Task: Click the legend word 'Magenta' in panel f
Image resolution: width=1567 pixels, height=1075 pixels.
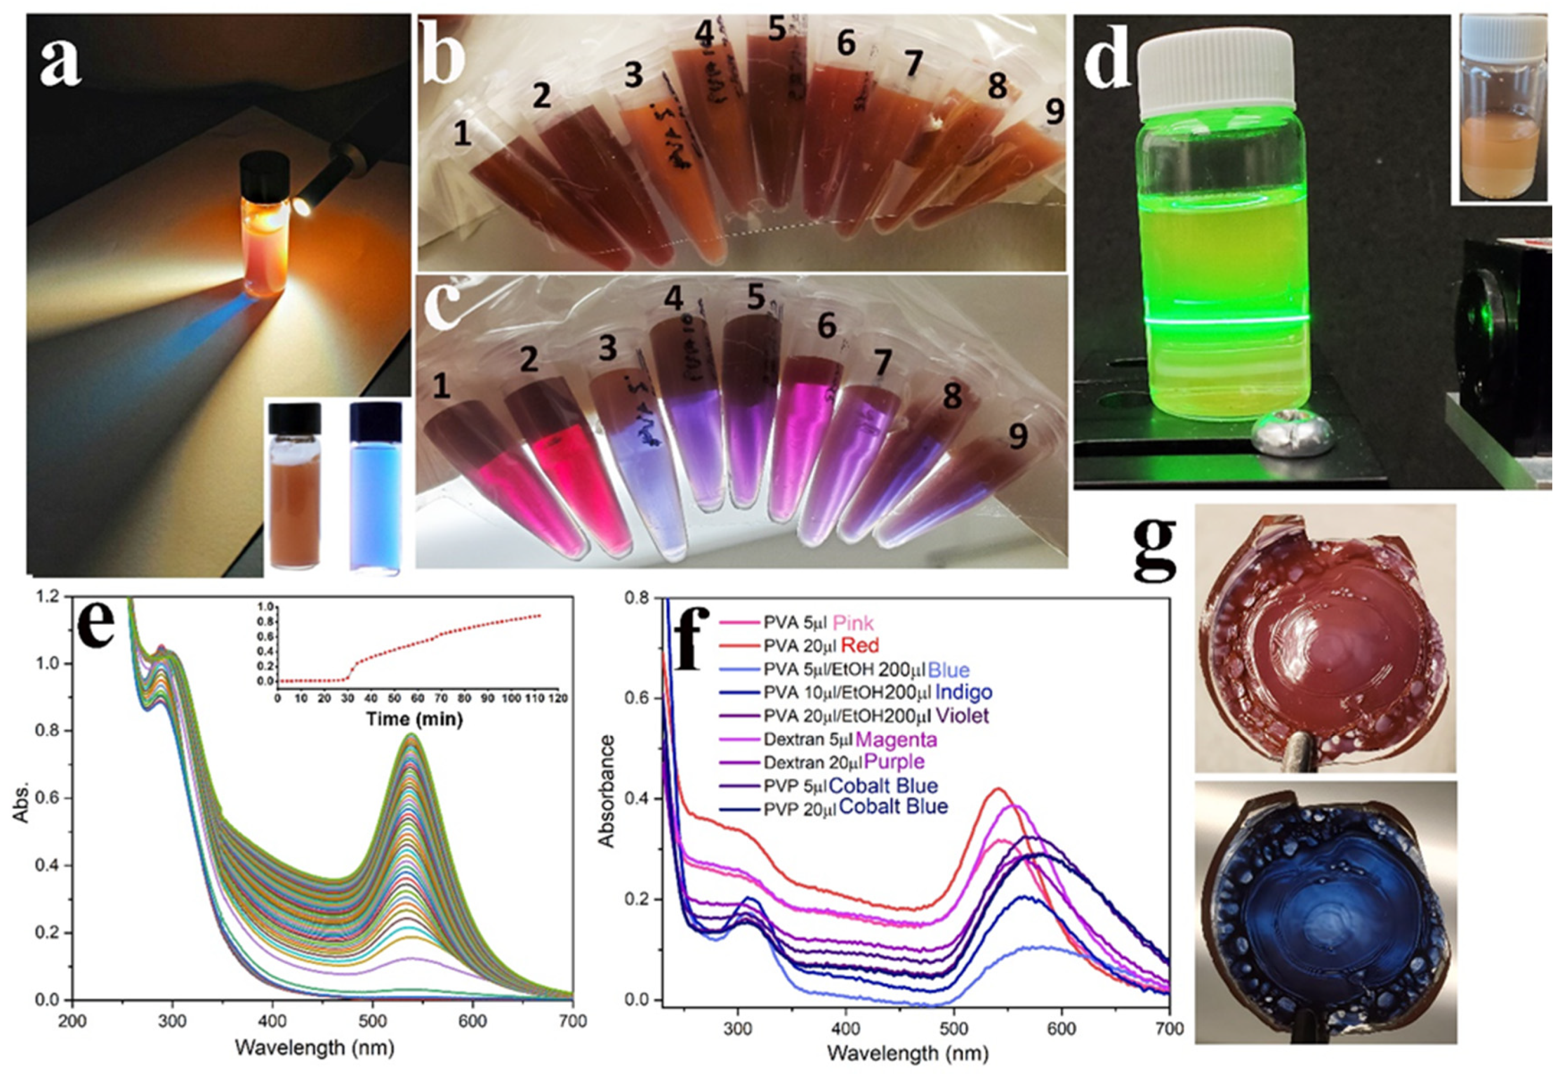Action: click(x=896, y=739)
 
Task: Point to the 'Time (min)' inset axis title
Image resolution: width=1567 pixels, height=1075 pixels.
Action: click(x=414, y=719)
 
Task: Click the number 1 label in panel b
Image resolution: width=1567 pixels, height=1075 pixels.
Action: click(x=462, y=134)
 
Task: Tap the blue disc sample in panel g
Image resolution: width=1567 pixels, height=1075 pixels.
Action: click(x=1324, y=922)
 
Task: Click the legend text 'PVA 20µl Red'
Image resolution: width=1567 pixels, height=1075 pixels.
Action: click(x=821, y=646)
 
